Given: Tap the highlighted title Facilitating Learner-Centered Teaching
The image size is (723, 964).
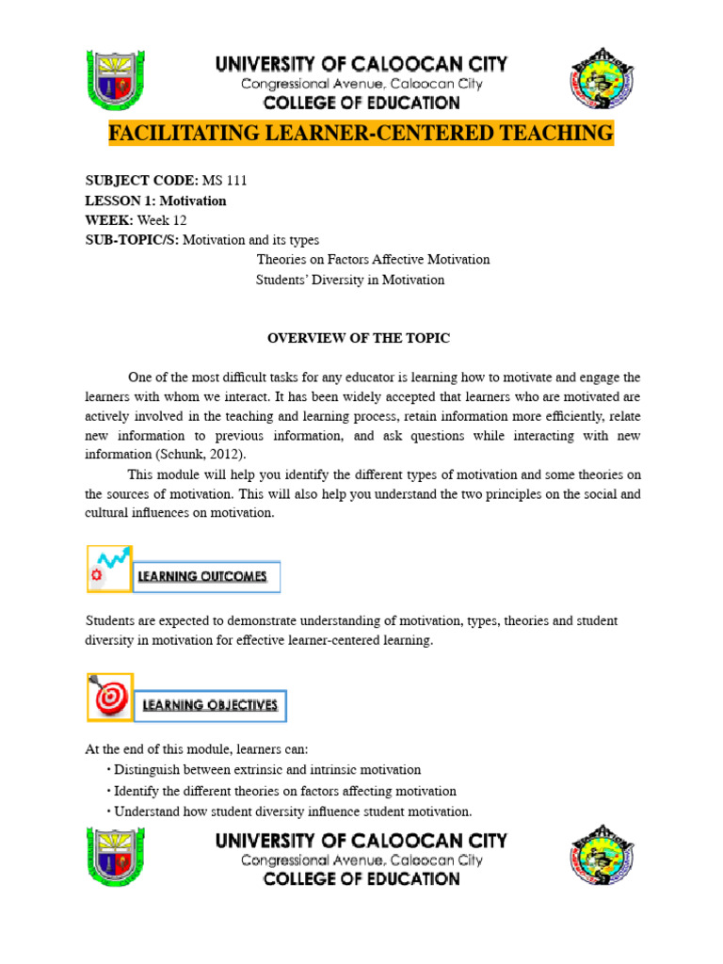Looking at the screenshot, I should click(x=361, y=134).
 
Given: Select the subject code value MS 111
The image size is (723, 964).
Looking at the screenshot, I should click(x=231, y=180).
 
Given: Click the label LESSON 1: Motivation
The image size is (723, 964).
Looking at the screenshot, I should click(x=156, y=201).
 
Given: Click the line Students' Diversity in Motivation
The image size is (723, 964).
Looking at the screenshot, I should click(x=350, y=280).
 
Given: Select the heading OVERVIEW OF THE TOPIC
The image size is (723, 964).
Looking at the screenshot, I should click(x=359, y=338).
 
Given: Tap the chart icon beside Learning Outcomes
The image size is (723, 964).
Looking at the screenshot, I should click(x=109, y=569).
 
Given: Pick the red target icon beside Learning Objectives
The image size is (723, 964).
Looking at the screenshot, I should click(x=109, y=697).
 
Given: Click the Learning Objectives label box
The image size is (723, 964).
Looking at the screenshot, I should click(x=210, y=704).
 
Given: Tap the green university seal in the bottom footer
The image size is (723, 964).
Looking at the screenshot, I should click(x=115, y=857).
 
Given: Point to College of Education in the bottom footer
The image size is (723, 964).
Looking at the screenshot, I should click(x=361, y=879).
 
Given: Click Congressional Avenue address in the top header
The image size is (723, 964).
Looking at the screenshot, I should click(x=361, y=84).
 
